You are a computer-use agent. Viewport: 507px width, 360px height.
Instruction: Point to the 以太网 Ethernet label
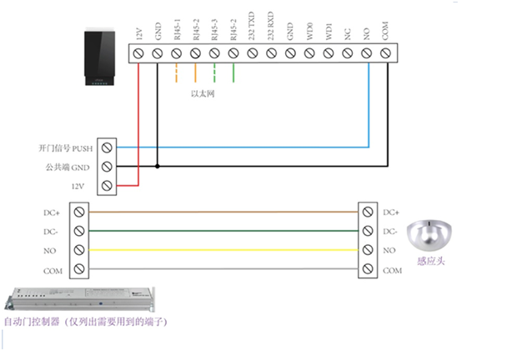(x=204, y=93)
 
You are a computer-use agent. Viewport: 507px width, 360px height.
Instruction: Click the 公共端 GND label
(x=68, y=167)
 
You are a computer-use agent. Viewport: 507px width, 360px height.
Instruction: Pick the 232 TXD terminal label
(x=252, y=33)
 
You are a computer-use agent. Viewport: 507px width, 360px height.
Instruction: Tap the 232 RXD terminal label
(x=271, y=33)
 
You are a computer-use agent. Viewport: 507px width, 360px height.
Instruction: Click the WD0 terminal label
(x=309, y=35)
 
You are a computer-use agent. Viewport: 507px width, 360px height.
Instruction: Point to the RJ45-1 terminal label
(x=176, y=33)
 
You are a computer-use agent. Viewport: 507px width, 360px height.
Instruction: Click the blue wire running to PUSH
(x=250, y=147)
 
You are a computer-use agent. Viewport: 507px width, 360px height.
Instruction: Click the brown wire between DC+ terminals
(x=225, y=212)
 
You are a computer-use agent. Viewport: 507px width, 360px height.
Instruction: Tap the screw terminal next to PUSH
(x=106, y=147)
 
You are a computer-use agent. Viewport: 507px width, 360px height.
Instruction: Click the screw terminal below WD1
(x=328, y=54)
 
